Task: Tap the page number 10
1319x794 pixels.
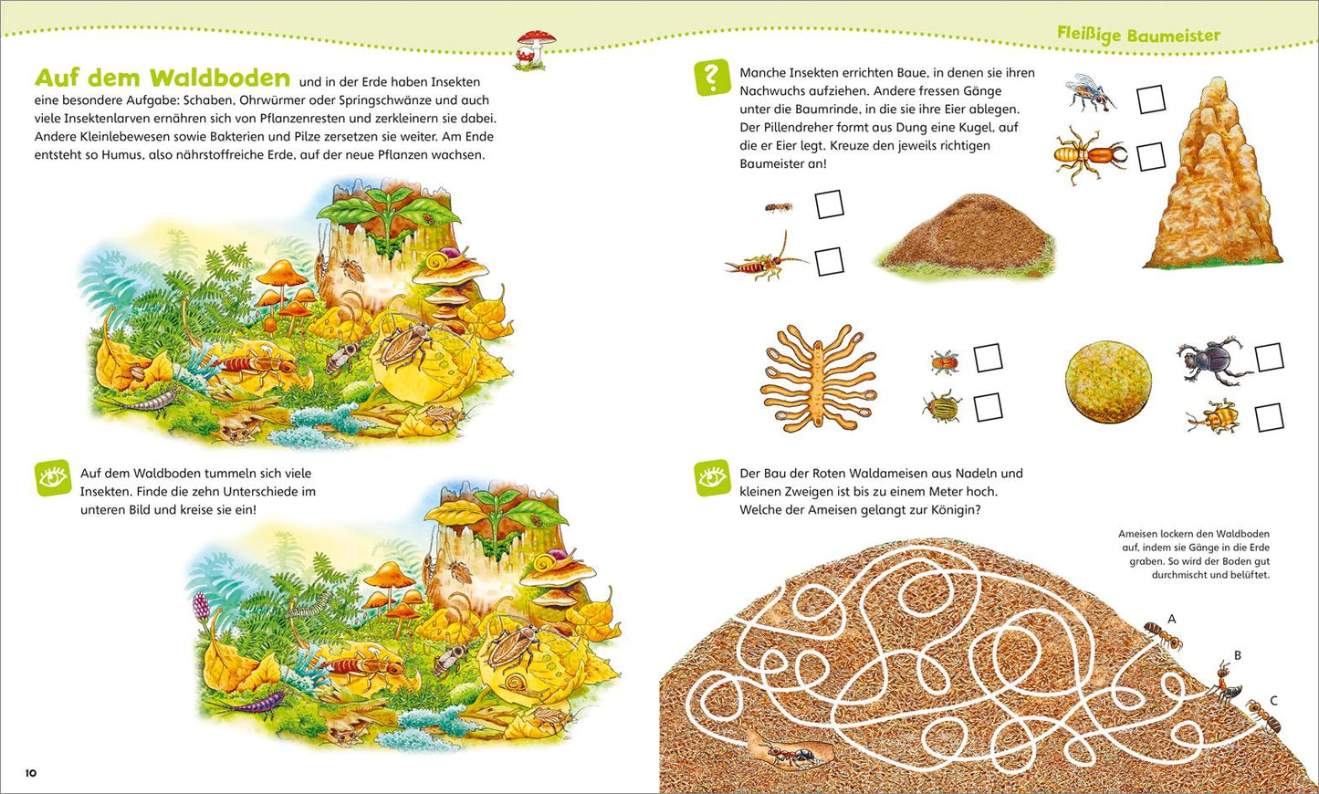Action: coord(31,773)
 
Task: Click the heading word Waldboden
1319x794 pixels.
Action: coord(219,78)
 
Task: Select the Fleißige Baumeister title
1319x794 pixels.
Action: coord(1139,35)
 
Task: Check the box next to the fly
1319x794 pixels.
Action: coord(1151,99)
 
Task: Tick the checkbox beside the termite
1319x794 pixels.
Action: coord(1151,157)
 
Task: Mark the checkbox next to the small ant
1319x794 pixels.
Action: coord(830,204)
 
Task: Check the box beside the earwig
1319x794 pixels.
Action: coord(830,262)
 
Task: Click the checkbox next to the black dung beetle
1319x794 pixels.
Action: coord(1269,357)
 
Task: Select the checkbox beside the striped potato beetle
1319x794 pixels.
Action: coord(988,407)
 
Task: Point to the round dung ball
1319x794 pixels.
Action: coord(1107,383)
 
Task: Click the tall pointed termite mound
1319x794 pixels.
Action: coord(1213,176)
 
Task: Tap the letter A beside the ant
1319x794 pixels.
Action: coord(1172,619)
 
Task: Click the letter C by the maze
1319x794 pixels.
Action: coord(1273,700)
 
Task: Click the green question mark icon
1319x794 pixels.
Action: coord(712,77)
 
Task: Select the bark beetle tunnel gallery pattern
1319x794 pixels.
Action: coord(819,377)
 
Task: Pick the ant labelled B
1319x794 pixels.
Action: coord(1226,683)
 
